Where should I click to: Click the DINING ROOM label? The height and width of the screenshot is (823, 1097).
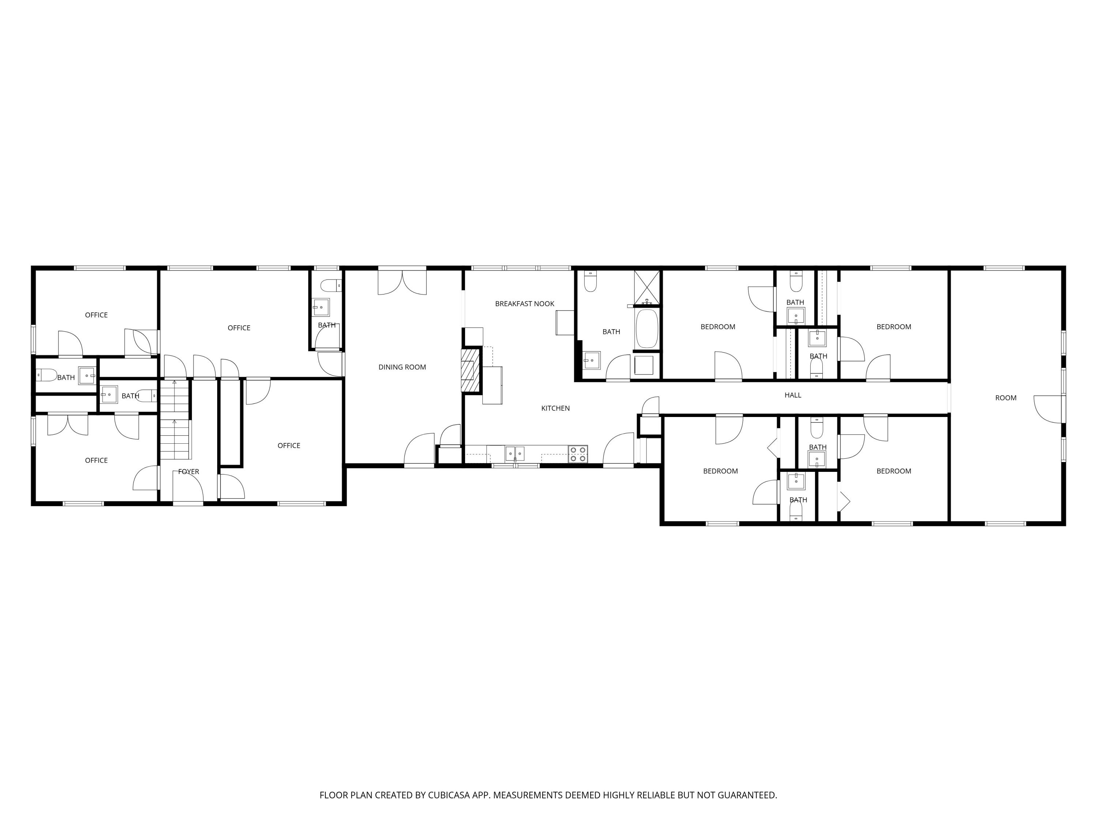[x=402, y=367]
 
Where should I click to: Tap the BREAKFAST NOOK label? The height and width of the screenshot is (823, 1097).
[x=524, y=304]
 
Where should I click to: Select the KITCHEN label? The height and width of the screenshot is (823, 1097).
[x=555, y=408]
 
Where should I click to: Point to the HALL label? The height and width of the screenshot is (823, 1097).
[x=792, y=395]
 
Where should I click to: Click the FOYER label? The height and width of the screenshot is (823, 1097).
[x=188, y=472]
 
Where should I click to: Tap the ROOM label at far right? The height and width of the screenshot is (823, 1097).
[x=1005, y=398]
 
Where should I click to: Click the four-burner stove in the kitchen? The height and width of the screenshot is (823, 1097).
[x=578, y=454]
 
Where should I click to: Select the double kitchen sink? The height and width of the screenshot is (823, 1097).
[x=515, y=454]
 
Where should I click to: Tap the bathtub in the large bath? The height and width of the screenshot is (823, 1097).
[x=647, y=329]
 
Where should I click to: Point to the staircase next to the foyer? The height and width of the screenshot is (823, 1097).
[x=174, y=419]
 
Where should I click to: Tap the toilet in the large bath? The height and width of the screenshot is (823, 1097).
[x=590, y=282]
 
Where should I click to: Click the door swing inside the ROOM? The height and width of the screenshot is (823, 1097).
[x=1047, y=409]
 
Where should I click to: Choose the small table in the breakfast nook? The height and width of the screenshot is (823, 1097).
[x=564, y=323]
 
